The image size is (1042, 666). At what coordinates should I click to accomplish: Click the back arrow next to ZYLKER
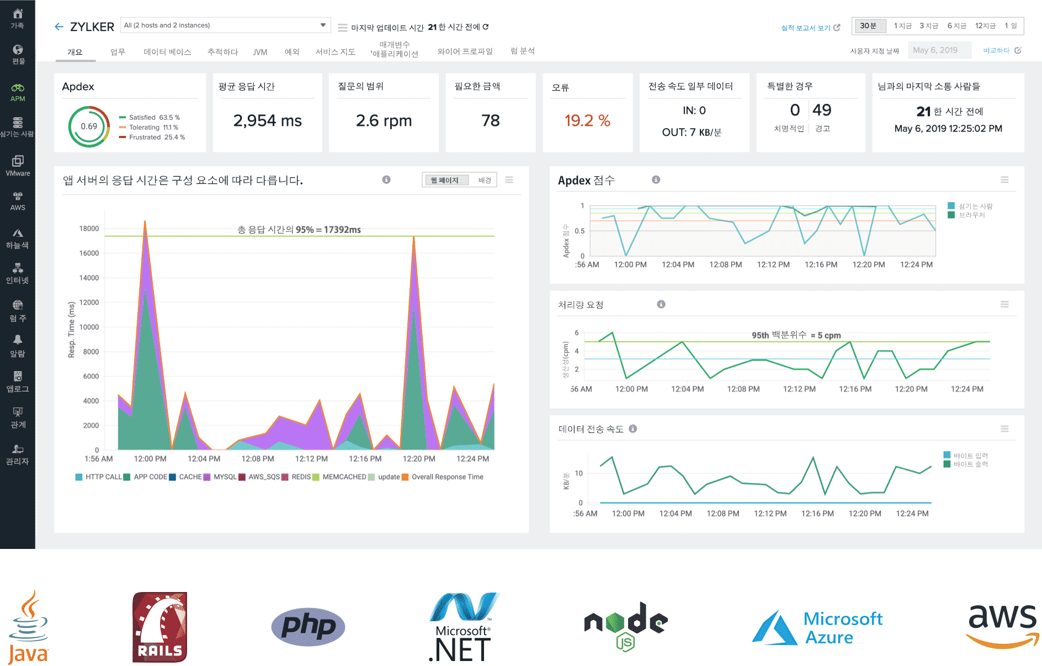click(x=59, y=27)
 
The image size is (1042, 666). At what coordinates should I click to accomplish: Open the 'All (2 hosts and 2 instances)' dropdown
click(x=225, y=25)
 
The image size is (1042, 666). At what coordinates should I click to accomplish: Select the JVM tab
click(x=260, y=52)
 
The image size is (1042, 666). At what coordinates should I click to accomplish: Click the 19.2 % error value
click(x=587, y=120)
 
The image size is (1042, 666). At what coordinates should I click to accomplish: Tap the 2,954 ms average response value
click(x=267, y=120)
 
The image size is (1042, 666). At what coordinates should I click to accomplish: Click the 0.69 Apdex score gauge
click(x=89, y=126)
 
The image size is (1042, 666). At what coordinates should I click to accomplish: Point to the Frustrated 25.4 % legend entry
click(x=152, y=138)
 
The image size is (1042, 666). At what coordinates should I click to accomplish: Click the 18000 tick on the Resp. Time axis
click(x=89, y=229)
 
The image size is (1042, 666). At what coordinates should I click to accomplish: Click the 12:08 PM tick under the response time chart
click(x=258, y=459)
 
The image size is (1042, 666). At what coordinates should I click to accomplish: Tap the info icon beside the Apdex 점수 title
click(x=656, y=179)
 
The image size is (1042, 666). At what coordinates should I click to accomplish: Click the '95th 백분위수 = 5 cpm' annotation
click(x=796, y=335)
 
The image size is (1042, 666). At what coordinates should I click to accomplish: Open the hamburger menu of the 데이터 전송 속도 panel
click(x=1004, y=429)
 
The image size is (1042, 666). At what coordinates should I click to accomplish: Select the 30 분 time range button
click(x=868, y=26)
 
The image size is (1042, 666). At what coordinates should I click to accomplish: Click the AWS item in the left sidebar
click(x=18, y=202)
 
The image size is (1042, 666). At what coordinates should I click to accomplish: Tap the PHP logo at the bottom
click(x=308, y=627)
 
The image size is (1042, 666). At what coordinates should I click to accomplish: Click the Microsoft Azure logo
click(x=817, y=628)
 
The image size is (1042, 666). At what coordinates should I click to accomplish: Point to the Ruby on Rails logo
click(x=160, y=627)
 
